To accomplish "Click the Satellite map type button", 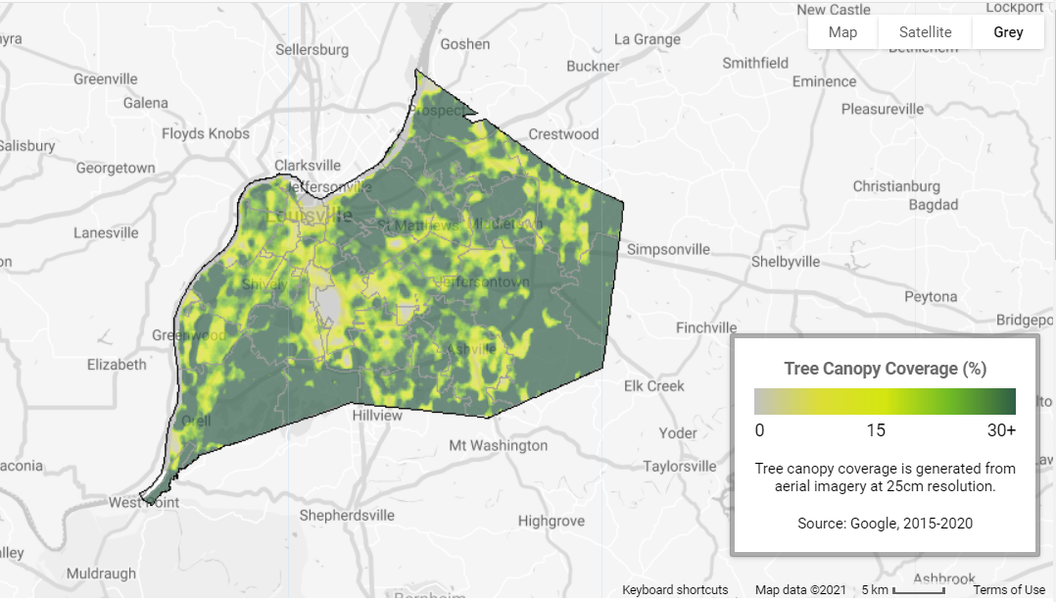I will [x=925, y=31].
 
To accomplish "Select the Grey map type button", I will [x=1008, y=31].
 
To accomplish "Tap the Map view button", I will [x=842, y=31].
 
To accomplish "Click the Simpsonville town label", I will [x=668, y=249].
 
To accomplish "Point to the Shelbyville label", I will [x=785, y=262].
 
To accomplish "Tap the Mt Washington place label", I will [x=498, y=445].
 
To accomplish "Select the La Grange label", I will [x=647, y=39].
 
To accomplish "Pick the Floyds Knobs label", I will [x=206, y=133].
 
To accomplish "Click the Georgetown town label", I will [x=116, y=168].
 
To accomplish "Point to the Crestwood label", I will [x=563, y=133].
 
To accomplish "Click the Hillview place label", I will [x=377, y=415].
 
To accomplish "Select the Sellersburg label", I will [x=312, y=49].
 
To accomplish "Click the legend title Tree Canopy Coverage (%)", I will [x=885, y=369].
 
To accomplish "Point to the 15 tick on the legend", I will [x=875, y=430].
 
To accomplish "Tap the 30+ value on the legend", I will [x=1000, y=430].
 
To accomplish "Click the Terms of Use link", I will [x=1009, y=589].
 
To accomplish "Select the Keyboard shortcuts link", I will [x=675, y=589].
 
